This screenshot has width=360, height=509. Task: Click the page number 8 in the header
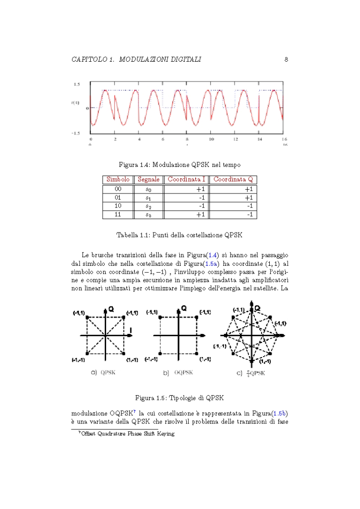tap(286, 59)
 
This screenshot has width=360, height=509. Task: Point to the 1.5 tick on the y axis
tap(76, 84)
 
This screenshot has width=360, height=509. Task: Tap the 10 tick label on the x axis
tap(211, 139)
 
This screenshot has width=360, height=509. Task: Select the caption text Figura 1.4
tap(134, 165)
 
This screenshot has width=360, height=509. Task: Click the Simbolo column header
tap(118, 179)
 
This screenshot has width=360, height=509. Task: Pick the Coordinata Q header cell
tap(233, 179)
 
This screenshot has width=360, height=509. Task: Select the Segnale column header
tap(148, 179)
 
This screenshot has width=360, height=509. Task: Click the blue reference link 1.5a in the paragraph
tap(211, 263)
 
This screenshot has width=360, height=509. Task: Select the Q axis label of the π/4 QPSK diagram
tap(257, 308)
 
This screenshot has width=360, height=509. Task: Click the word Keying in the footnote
tap(164, 434)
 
